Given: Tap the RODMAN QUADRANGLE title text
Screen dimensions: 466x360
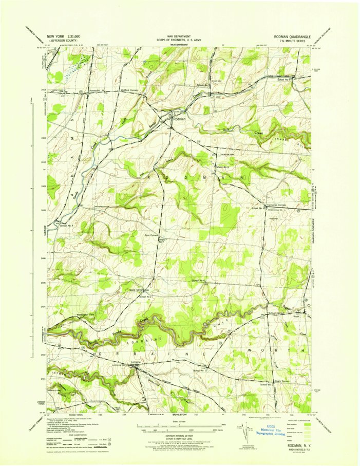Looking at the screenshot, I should [x=293, y=37].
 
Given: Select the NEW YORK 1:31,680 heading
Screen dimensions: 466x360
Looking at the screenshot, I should [x=64, y=37].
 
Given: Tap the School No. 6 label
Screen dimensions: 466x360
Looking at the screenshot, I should [x=199, y=281].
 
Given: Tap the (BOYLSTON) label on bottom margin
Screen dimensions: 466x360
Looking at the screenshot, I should [x=176, y=413].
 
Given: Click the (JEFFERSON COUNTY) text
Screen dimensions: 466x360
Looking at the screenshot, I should [x=64, y=42].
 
